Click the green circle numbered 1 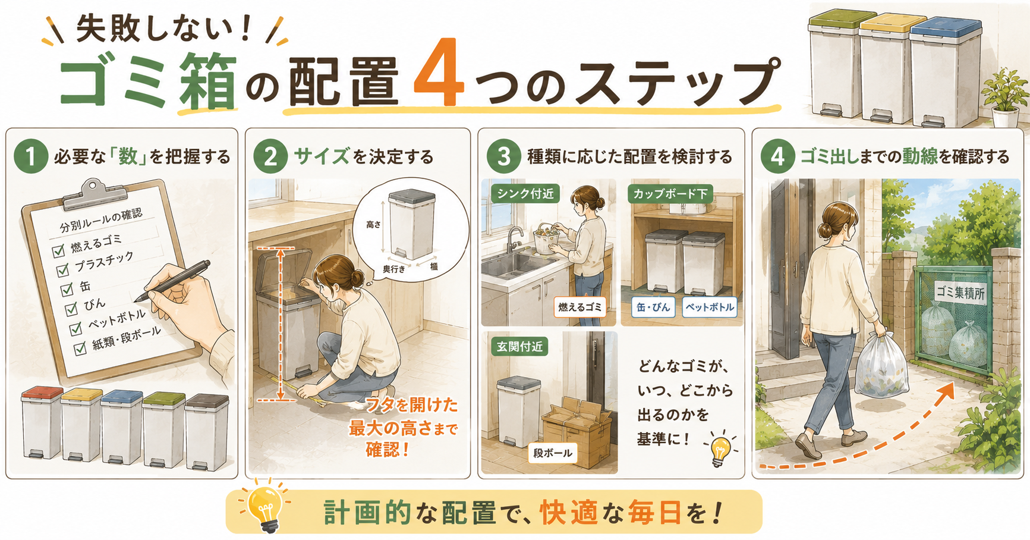[31, 156]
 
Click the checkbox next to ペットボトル [75, 329]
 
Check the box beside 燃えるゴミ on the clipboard [58, 251]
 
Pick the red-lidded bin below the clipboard [42, 422]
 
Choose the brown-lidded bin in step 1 [207, 431]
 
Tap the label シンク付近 [525, 193]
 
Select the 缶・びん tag [653, 307]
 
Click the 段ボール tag [553, 453]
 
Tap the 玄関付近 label [519, 347]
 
